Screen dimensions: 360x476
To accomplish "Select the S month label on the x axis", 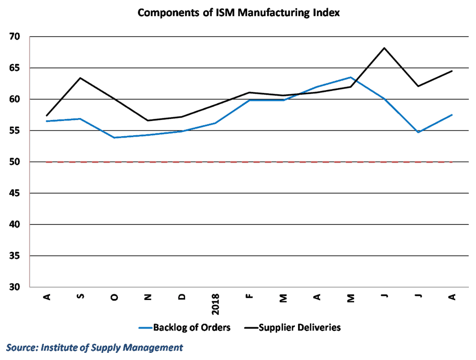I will click(x=80, y=297).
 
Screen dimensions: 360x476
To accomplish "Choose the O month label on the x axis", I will click(x=114, y=297).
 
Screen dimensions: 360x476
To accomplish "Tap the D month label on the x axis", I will click(x=182, y=297).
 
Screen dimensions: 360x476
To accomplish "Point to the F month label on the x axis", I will click(x=249, y=297).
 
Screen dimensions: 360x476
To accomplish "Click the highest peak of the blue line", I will click(x=350, y=77).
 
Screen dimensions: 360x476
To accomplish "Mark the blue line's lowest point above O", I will click(x=114, y=138).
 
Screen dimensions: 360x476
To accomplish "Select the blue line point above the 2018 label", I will click(x=215, y=123).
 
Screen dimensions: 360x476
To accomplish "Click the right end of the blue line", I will click(x=452, y=115).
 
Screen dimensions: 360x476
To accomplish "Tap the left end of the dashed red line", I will click(x=46, y=162).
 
